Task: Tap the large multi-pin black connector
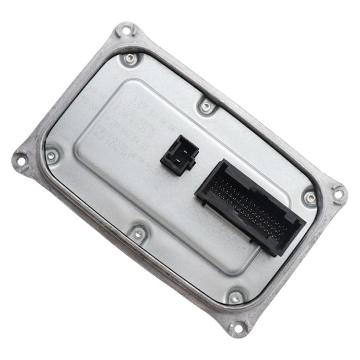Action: (x=250, y=208)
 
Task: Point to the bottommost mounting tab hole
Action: (x=237, y=328)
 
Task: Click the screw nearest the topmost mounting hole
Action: (x=128, y=60)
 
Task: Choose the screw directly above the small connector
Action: (x=206, y=106)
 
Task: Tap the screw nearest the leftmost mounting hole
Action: (x=52, y=155)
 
